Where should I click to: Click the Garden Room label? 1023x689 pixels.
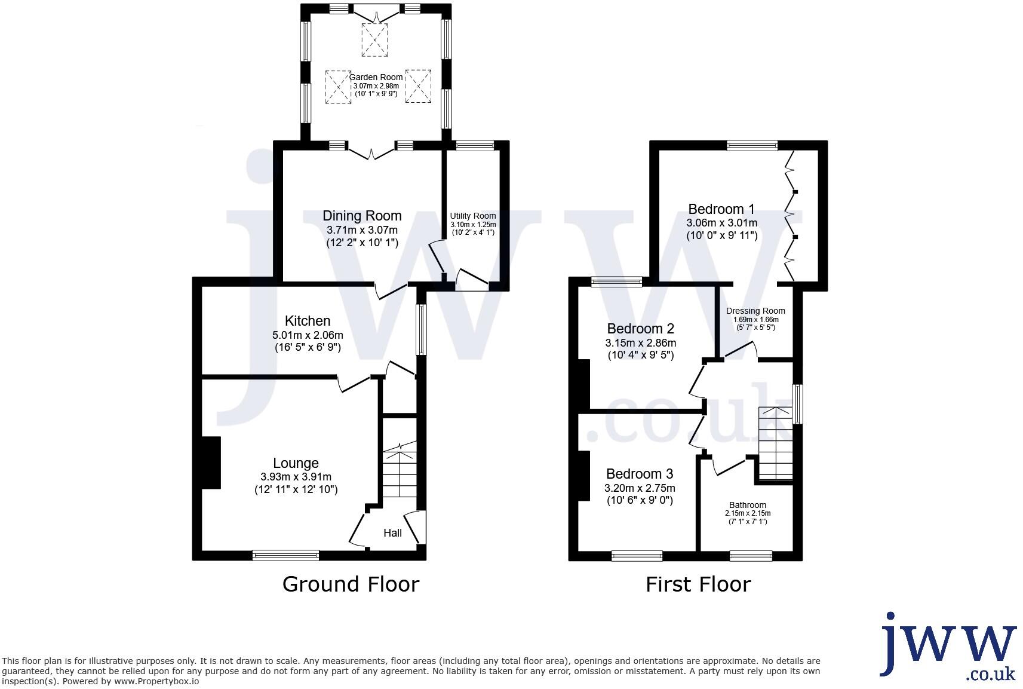point(376,77)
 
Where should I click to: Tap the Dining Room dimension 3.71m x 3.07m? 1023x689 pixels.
point(362,230)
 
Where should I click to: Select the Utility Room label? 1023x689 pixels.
point(473,216)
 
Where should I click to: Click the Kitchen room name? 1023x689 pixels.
point(308,321)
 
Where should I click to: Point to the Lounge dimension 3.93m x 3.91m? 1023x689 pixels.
point(296,477)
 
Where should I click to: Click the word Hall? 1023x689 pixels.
point(392,532)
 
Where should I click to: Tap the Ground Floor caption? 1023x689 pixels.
point(351,584)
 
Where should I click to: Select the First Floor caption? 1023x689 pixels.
point(698,584)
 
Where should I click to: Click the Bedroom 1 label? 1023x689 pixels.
point(721,209)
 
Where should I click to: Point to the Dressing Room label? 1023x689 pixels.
point(755,311)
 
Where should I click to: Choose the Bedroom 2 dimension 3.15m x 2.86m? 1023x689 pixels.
point(640,343)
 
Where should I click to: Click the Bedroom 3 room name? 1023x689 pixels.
point(639,474)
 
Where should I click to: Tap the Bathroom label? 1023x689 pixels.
point(747,505)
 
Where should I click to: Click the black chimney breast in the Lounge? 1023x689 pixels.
point(211,463)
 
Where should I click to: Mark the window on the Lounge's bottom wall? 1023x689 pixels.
point(285,555)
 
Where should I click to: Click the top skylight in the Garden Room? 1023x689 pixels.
point(374,40)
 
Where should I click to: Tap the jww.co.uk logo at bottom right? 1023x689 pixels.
point(949,645)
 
